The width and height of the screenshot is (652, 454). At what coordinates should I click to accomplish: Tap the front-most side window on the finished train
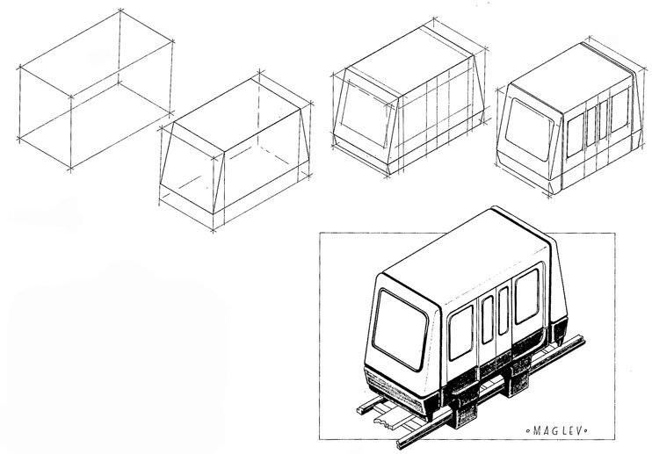(x=460, y=332)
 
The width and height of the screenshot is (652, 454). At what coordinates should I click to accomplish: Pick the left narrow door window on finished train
(x=486, y=320)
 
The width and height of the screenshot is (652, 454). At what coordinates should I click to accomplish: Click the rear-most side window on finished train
(x=526, y=295)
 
